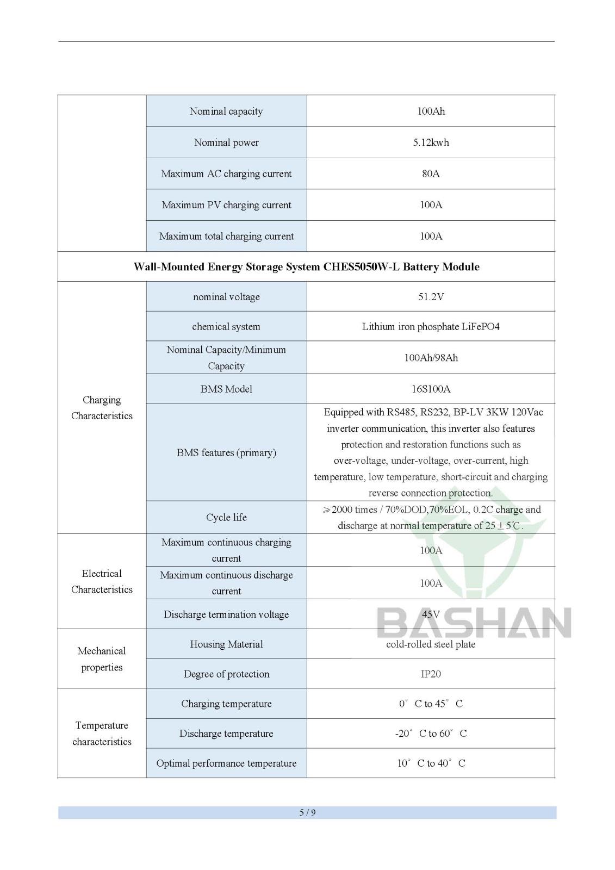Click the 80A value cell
point(431,174)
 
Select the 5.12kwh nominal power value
point(431,142)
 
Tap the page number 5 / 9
point(307,812)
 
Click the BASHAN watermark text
point(474,623)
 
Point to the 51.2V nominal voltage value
point(431,297)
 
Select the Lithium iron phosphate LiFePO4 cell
point(431,327)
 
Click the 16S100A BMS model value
point(431,389)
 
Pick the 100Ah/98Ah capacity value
point(431,358)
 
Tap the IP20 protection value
point(431,674)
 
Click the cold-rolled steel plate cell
point(431,644)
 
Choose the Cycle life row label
point(226,517)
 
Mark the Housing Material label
point(226,644)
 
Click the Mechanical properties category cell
point(102,659)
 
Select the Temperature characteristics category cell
point(102,734)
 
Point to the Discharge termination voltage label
point(226,614)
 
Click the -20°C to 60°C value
point(431,734)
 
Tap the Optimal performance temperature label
point(226,763)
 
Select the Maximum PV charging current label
point(226,205)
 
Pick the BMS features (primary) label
point(226,452)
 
